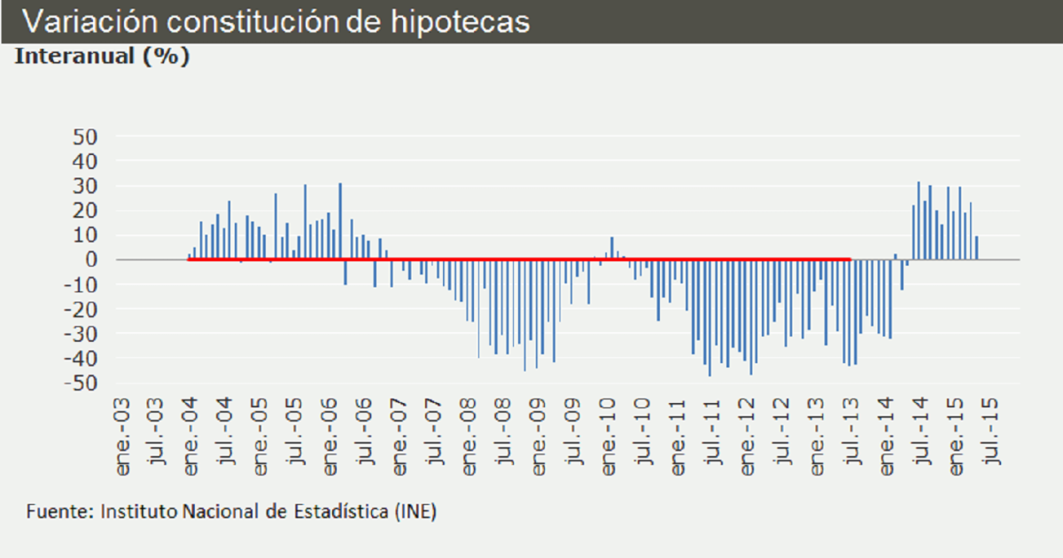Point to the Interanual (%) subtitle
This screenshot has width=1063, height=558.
[x=103, y=57]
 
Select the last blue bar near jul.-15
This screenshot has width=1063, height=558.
[x=976, y=248]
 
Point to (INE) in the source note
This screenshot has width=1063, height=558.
[x=415, y=512]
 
